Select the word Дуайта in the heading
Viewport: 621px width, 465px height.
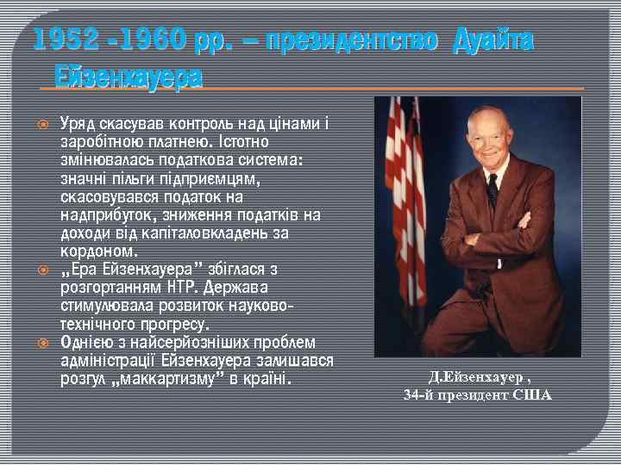pyautogui.click(x=494, y=40)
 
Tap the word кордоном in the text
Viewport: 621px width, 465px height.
pyautogui.click(x=97, y=251)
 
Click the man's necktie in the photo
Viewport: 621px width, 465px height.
pyautogui.click(x=492, y=189)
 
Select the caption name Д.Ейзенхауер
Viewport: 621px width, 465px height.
pyautogui.click(x=475, y=378)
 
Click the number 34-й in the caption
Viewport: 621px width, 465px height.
pyautogui.click(x=418, y=395)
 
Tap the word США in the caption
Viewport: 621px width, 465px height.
pyautogui.click(x=532, y=395)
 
